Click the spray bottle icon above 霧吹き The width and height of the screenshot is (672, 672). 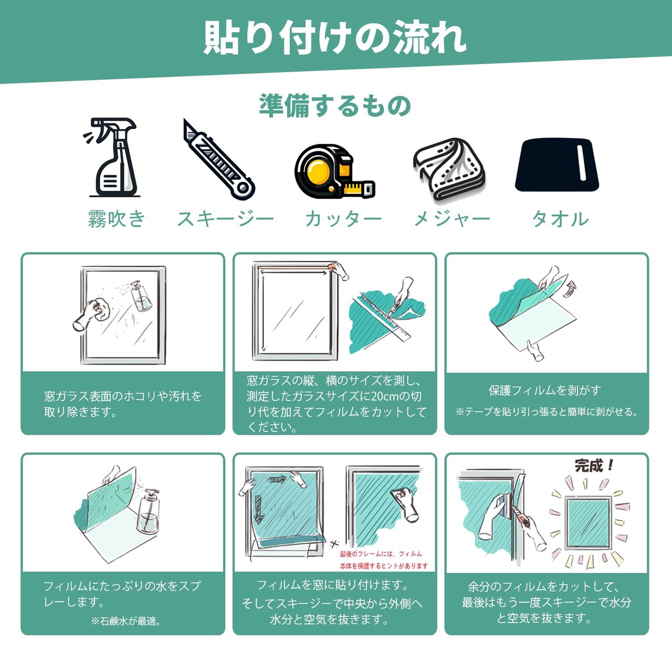(112, 157)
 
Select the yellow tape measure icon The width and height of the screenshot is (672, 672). (334, 171)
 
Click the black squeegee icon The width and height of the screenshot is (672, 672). (557, 165)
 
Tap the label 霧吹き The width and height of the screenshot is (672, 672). (117, 219)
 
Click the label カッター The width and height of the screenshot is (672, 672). (343, 219)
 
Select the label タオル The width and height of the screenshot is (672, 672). (560, 219)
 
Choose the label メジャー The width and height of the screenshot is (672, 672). (452, 219)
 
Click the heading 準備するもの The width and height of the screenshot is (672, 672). (335, 106)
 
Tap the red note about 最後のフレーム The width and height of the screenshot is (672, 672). (384, 560)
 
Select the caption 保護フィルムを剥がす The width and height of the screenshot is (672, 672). (545, 391)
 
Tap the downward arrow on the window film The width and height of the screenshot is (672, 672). (258, 510)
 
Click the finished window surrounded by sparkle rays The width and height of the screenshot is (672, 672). (589, 522)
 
